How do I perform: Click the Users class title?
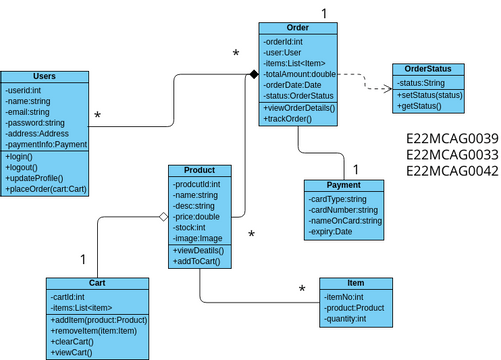43,77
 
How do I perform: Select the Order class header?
298,28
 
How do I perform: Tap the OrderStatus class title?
428,69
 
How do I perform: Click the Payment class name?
345,186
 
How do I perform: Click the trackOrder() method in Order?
291,118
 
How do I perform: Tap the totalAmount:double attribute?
300,74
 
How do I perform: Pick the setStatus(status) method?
430,95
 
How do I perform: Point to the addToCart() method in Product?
197,260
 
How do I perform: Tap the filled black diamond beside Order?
254,73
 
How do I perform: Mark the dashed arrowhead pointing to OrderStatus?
386,89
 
